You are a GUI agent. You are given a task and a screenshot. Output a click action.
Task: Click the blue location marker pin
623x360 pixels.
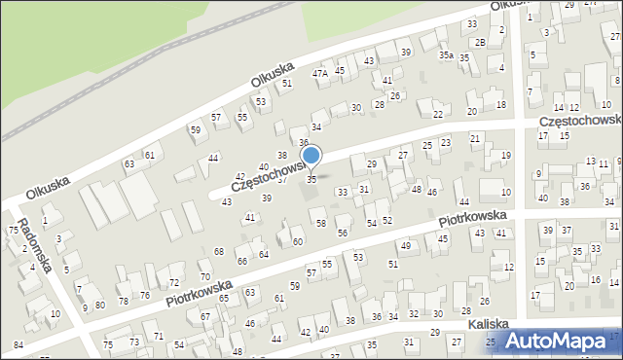[311, 157]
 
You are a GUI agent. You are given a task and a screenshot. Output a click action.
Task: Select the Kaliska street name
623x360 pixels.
[488, 325]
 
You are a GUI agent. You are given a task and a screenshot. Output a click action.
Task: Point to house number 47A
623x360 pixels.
[319, 74]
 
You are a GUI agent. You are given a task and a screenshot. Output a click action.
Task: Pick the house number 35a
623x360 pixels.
[446, 56]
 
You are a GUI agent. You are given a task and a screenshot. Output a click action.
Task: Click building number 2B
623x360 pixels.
[480, 43]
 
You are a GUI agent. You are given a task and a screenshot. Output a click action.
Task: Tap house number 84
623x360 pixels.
[18, 344]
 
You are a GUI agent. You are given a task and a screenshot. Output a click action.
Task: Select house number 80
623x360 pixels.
[99, 306]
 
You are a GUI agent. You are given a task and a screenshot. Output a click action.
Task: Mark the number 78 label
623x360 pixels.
[124, 302]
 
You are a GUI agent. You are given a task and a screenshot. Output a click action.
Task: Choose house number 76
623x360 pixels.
[144, 295]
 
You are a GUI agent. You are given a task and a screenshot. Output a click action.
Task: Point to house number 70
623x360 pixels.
[204, 264]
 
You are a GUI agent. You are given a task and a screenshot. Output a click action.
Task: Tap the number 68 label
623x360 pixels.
[218, 253]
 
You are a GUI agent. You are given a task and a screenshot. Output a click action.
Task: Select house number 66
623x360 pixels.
[241, 262]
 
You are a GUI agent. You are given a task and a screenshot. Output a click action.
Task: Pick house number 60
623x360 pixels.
[297, 241]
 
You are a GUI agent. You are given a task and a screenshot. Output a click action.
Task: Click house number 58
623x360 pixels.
[320, 224]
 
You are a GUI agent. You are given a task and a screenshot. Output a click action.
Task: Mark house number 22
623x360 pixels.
[438, 115]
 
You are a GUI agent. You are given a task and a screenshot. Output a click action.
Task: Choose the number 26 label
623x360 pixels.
[394, 95]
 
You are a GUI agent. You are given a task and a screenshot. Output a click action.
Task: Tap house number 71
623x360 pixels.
[158, 337]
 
